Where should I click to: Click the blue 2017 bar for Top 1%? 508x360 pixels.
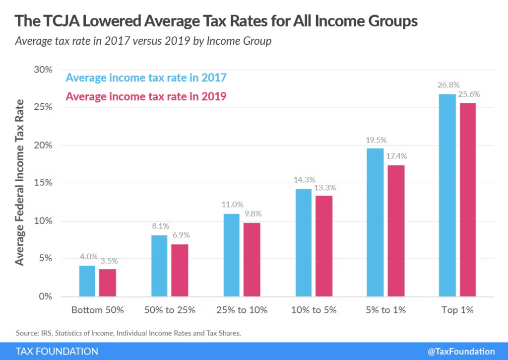[x=447, y=195]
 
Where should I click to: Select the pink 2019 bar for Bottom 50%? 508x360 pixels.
[x=107, y=283]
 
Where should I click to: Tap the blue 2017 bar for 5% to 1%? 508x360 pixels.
[x=375, y=222]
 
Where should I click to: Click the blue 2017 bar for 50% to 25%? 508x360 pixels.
[x=159, y=266]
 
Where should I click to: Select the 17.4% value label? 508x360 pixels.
[x=396, y=156]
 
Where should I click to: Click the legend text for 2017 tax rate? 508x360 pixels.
[x=146, y=78]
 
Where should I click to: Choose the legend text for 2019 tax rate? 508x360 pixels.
[x=146, y=96]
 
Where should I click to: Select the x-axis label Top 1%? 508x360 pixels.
[x=457, y=310]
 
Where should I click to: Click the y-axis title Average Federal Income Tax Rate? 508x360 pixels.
[x=20, y=182]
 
